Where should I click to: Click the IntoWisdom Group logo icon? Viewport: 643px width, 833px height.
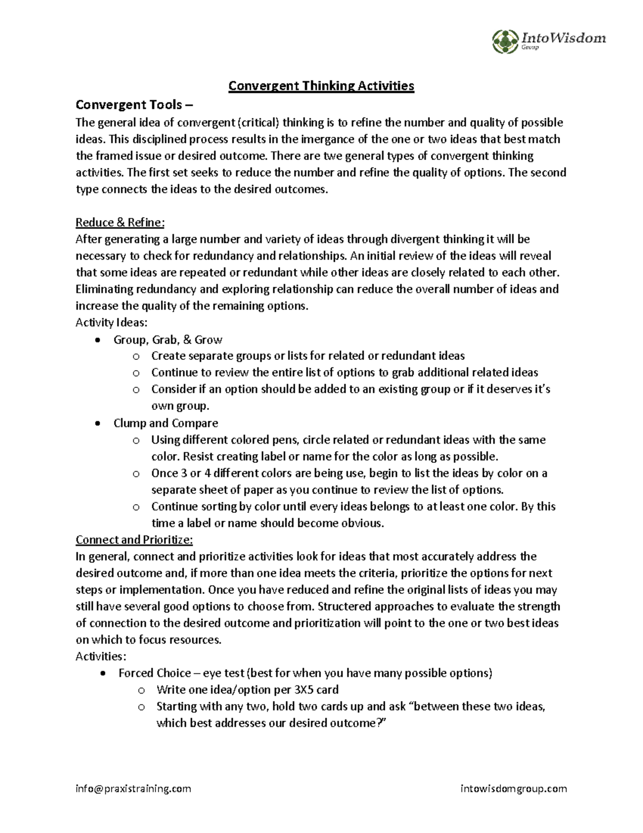[x=504, y=40]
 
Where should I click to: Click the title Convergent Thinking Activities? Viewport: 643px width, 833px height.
[x=322, y=86]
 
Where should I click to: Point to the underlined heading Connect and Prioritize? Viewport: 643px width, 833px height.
[x=134, y=539]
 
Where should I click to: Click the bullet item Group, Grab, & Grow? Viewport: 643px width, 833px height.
[x=168, y=340]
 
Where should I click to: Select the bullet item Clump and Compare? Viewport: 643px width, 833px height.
[x=166, y=423]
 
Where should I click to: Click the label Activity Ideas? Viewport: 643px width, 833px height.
[x=111, y=322]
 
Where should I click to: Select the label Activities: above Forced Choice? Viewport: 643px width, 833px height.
[x=101, y=656]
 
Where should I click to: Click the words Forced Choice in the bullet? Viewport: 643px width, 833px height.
[x=154, y=673]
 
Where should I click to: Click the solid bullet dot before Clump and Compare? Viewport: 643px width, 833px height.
[x=96, y=423]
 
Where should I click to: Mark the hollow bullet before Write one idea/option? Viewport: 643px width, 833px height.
[x=141, y=690]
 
